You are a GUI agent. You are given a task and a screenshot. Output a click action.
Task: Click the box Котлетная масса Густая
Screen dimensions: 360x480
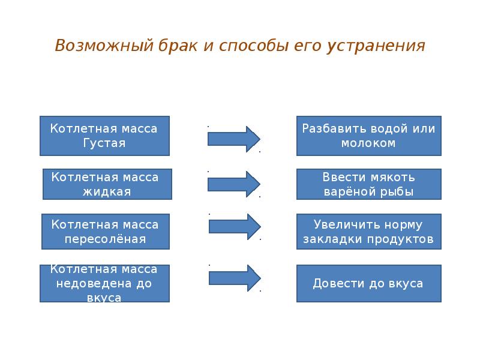pyautogui.click(x=104, y=136)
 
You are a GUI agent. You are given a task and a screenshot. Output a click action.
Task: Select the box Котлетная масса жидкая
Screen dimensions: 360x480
pyautogui.click(x=107, y=184)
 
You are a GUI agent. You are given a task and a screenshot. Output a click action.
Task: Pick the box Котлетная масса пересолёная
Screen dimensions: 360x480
pyautogui.click(x=105, y=232)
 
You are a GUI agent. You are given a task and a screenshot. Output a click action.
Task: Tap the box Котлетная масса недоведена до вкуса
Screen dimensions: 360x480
pyautogui.click(x=104, y=283)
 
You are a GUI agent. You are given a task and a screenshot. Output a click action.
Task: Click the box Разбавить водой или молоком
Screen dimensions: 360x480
pyautogui.click(x=368, y=136)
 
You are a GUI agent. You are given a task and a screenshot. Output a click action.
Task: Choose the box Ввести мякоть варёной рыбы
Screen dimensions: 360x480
pyautogui.click(x=368, y=184)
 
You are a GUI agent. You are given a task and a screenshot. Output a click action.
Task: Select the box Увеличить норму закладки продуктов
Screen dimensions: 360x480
pyautogui.click(x=368, y=232)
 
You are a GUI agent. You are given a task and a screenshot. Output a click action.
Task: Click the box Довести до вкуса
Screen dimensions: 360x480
pyautogui.click(x=368, y=283)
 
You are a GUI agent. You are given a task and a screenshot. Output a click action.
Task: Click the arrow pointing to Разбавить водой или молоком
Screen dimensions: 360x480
pyautogui.click(x=233, y=139)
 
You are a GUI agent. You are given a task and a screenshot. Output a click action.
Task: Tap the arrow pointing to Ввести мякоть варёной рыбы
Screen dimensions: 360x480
pyautogui.click(x=233, y=184)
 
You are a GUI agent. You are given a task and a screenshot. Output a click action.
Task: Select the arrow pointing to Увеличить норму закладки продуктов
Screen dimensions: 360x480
pyautogui.click(x=234, y=226)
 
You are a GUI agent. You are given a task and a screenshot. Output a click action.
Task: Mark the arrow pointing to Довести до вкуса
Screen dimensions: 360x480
pyautogui.click(x=234, y=278)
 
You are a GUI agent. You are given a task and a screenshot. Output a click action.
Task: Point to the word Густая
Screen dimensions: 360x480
pyautogui.click(x=104, y=143)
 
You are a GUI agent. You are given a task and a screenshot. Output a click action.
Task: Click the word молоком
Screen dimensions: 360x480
pyautogui.click(x=368, y=143)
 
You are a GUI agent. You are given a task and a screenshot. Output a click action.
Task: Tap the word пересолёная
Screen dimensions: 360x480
pyautogui.click(x=105, y=239)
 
